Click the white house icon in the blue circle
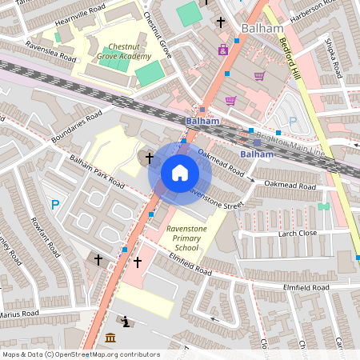click(179, 172)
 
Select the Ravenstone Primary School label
click(187, 238)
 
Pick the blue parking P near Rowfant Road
click(55, 205)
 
